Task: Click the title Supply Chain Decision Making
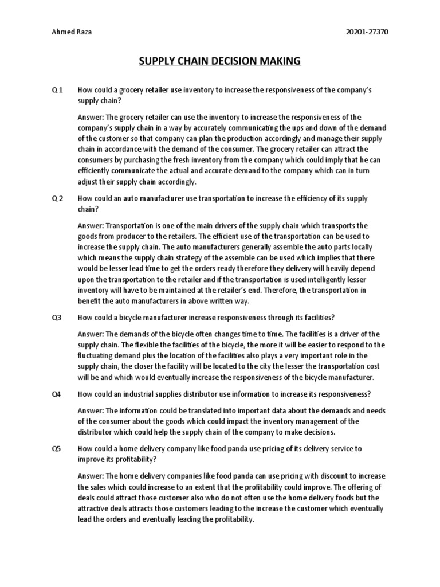(x=219, y=61)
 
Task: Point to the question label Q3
(x=56, y=317)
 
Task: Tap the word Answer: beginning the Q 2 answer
(x=91, y=225)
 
